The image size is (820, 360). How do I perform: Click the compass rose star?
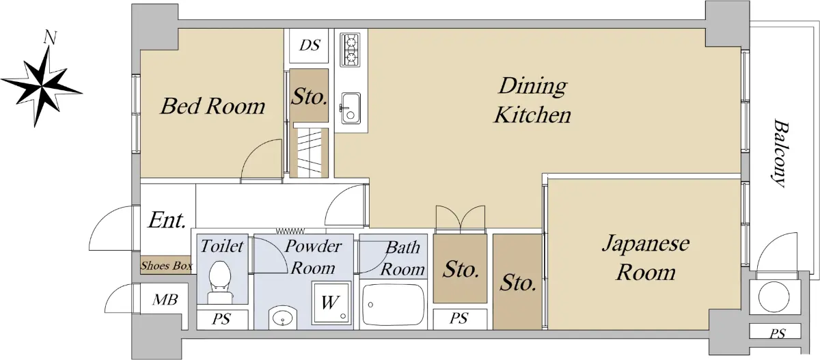(x=42, y=87)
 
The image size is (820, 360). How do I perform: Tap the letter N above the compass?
(x=50, y=38)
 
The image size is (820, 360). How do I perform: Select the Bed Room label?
(x=213, y=106)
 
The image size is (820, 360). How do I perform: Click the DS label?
(x=310, y=45)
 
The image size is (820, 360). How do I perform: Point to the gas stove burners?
(x=350, y=50)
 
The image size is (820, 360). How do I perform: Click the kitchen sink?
(x=351, y=109)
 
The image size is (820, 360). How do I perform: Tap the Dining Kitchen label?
(x=532, y=100)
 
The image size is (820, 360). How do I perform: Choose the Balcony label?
(x=780, y=153)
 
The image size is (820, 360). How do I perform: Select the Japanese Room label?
(x=646, y=258)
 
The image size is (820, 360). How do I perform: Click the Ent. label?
(x=167, y=220)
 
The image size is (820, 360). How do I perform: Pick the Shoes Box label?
(x=167, y=265)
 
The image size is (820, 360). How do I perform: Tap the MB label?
(x=165, y=300)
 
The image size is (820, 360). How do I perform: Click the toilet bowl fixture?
(x=220, y=281)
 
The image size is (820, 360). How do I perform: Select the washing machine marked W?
(x=331, y=303)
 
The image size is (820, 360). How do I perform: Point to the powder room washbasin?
(x=283, y=318)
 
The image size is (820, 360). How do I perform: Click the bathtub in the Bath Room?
(x=393, y=306)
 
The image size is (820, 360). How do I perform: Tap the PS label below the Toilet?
(x=221, y=320)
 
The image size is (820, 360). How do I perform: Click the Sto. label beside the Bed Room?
(x=309, y=97)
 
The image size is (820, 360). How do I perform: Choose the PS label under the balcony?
(x=778, y=333)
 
